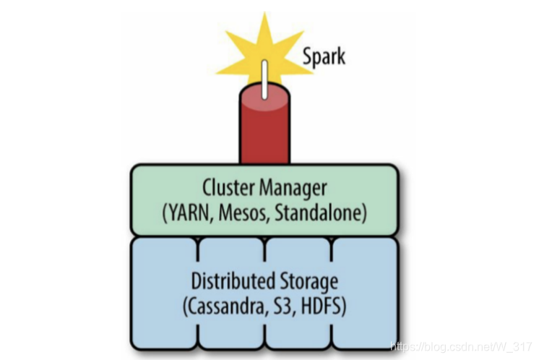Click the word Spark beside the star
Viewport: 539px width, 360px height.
pyautogui.click(x=324, y=56)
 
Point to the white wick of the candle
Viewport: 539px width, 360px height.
pyautogui.click(x=264, y=80)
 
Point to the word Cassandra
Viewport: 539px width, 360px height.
pyautogui.click(x=226, y=305)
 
